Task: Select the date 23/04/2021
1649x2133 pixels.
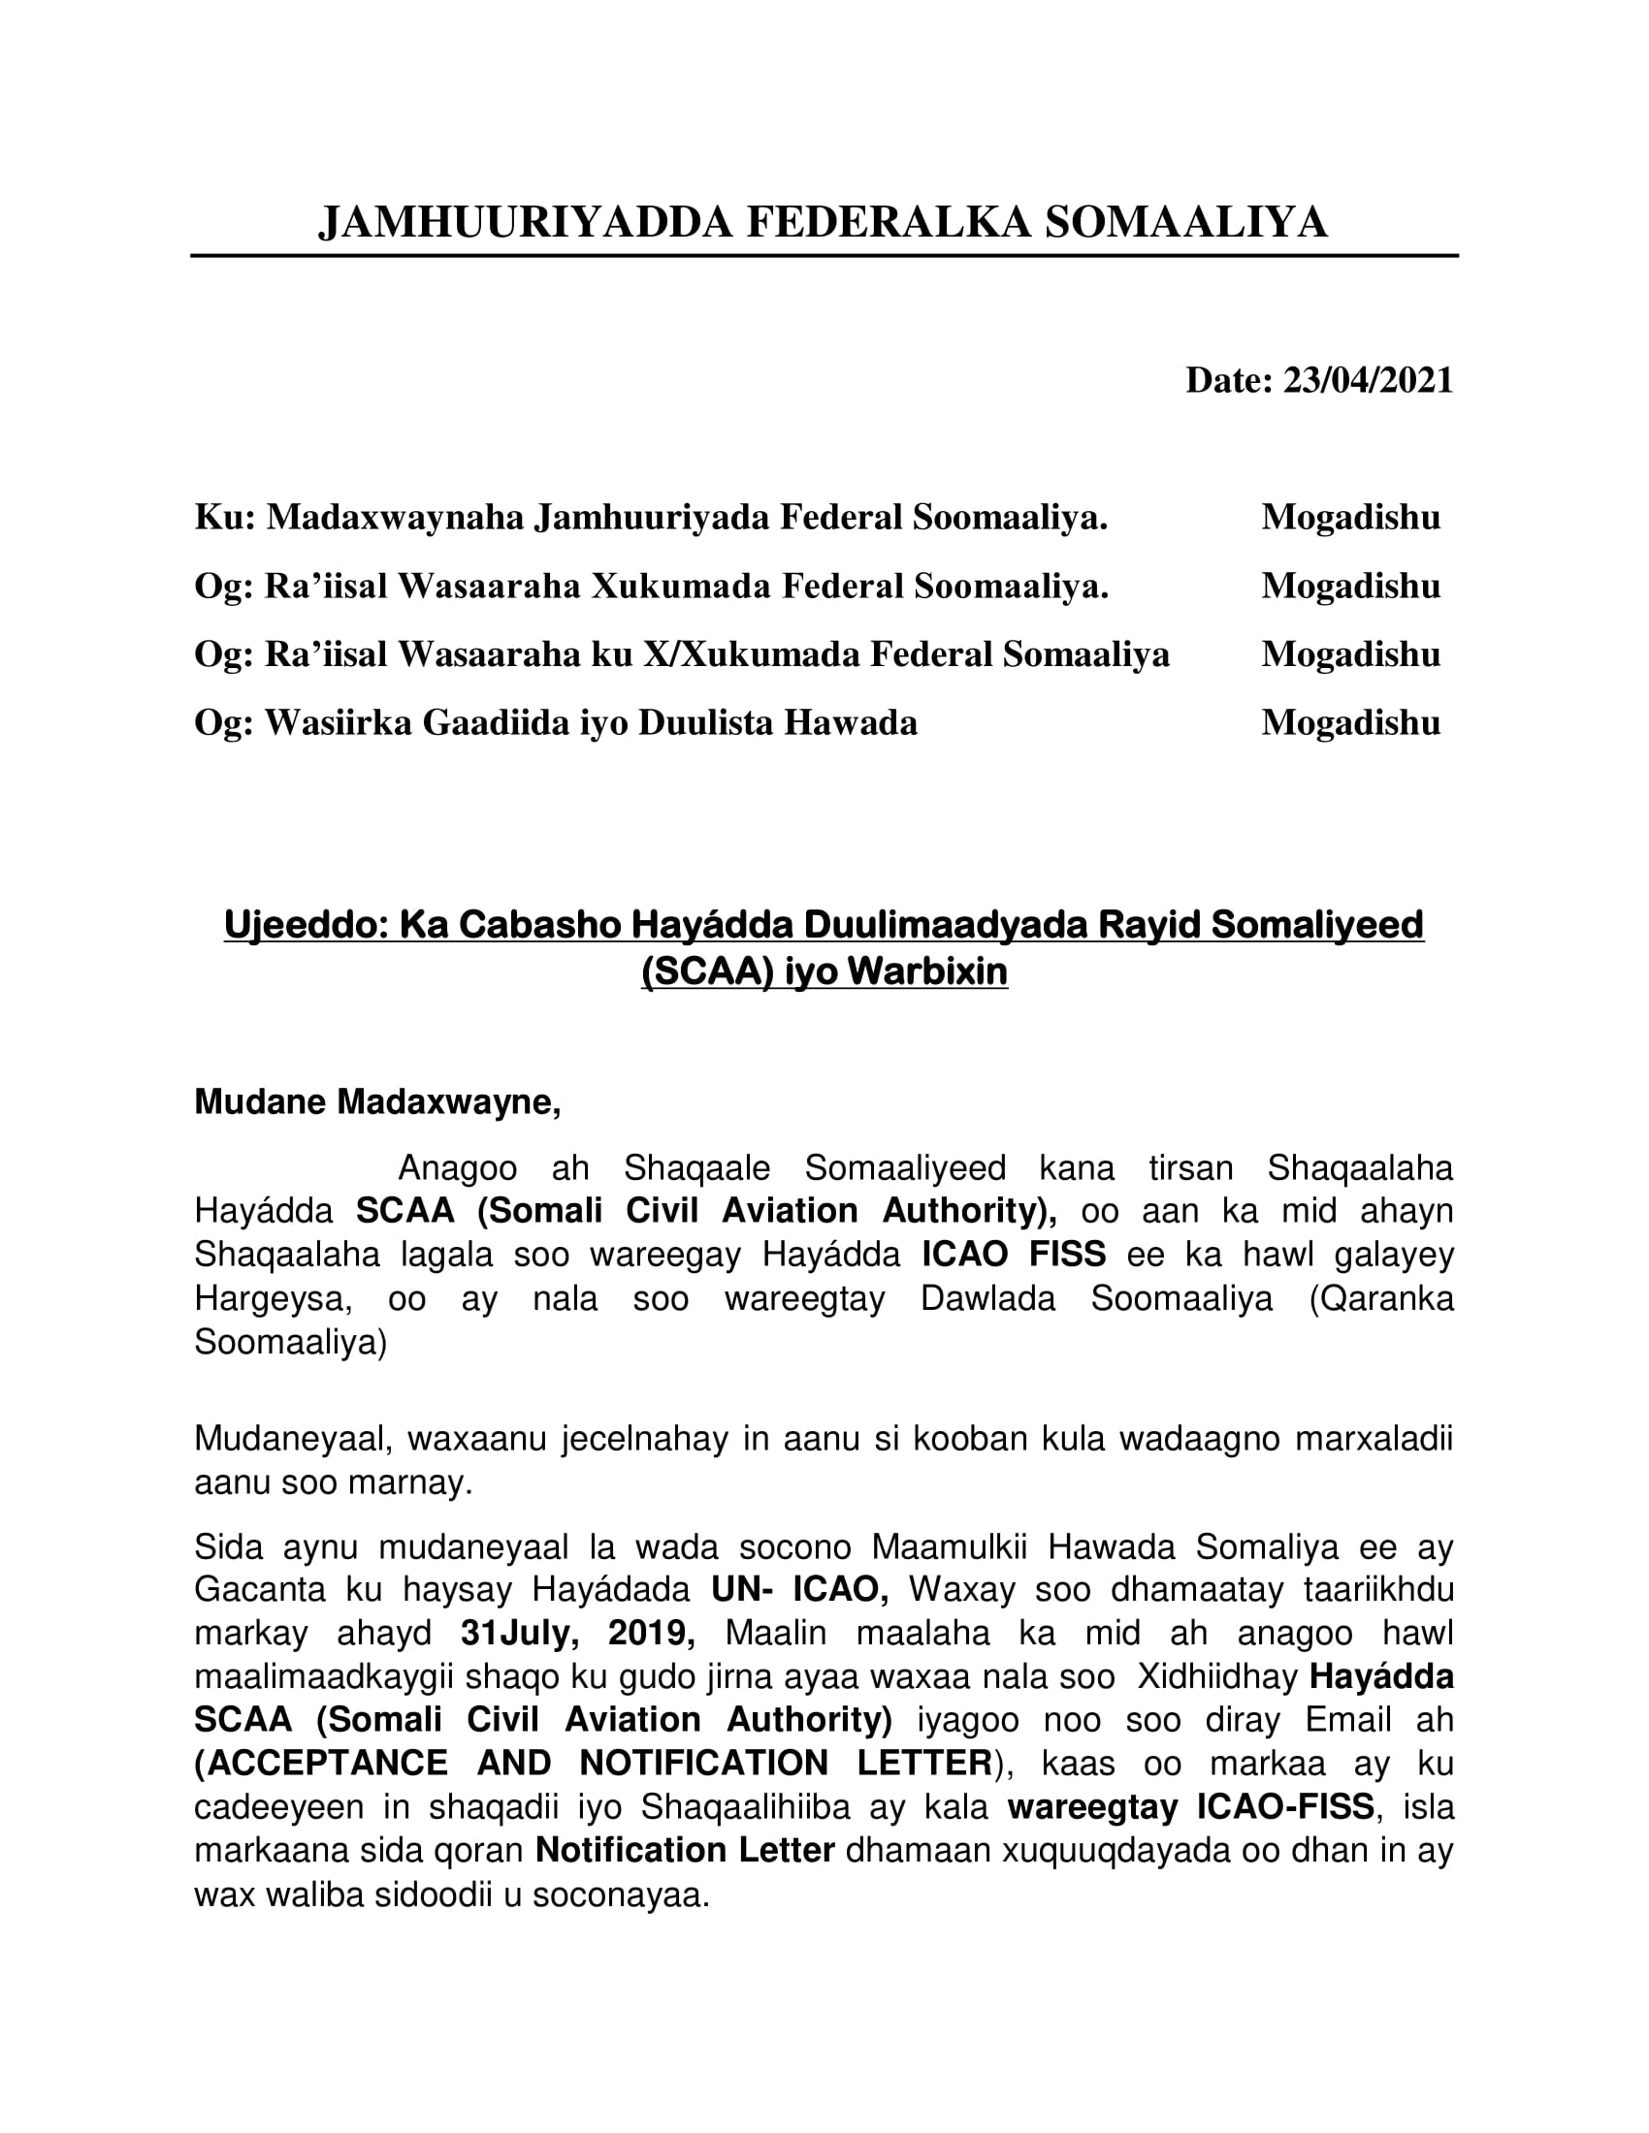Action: click(x=1368, y=380)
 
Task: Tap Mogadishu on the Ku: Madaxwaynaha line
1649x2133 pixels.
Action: click(x=1350, y=517)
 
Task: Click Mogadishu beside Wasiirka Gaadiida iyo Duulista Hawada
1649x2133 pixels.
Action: click(x=1350, y=721)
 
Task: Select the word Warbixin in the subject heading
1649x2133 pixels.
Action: click(x=927, y=971)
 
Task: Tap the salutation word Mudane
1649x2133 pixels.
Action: click(x=260, y=1101)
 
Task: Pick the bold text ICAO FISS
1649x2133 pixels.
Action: click(x=1013, y=1254)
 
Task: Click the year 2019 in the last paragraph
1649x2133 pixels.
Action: click(x=651, y=1632)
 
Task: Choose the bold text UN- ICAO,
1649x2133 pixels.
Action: click(x=799, y=1589)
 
